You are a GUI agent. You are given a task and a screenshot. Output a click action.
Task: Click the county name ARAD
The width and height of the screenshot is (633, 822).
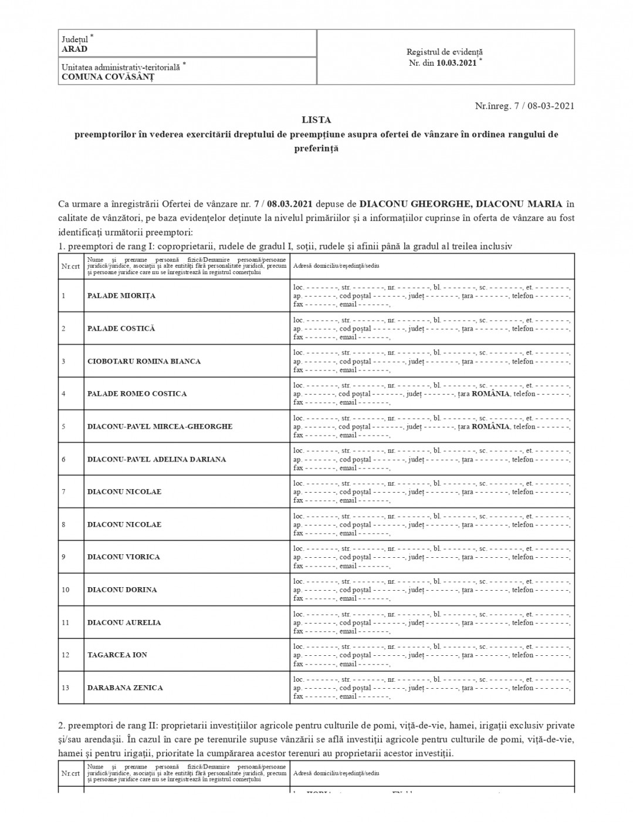point(75,49)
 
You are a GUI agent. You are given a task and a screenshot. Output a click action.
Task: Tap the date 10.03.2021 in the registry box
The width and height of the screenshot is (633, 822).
point(456,63)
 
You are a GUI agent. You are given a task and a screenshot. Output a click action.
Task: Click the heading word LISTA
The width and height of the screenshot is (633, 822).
point(316,120)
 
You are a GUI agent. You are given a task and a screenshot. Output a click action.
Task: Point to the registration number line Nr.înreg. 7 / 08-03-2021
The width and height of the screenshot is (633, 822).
point(524,106)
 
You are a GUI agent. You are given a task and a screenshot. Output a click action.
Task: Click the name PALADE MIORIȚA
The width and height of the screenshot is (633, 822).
point(121,296)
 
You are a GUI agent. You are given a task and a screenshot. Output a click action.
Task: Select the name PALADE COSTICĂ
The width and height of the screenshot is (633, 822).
point(121,329)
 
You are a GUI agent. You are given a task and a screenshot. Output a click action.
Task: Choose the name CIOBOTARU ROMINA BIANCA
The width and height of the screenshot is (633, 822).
point(144,362)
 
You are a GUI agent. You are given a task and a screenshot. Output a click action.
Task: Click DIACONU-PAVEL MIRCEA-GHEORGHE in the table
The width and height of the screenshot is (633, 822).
point(160,426)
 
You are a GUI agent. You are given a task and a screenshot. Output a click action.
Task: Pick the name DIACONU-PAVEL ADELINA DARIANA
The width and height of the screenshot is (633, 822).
point(157,459)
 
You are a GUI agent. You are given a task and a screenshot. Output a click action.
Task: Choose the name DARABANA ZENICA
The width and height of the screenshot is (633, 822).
point(125,688)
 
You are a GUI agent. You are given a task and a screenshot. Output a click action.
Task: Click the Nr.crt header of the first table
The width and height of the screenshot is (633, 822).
point(70,266)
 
